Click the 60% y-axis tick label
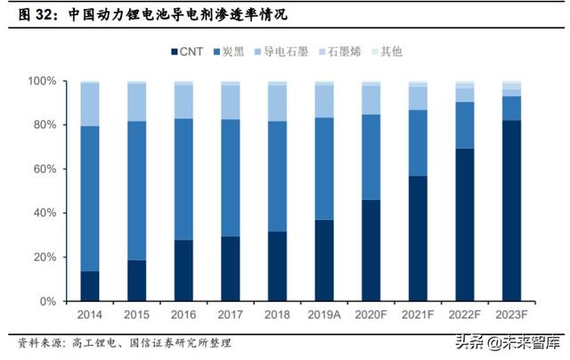pyautogui.click(x=44, y=169)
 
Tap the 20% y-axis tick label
pyautogui.click(x=44, y=258)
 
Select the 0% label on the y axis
pyautogui.click(x=47, y=302)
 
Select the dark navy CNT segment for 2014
pyautogui.click(x=89, y=286)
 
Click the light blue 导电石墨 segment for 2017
pyautogui.click(x=230, y=102)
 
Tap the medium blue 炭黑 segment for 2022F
pyautogui.click(x=464, y=125)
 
